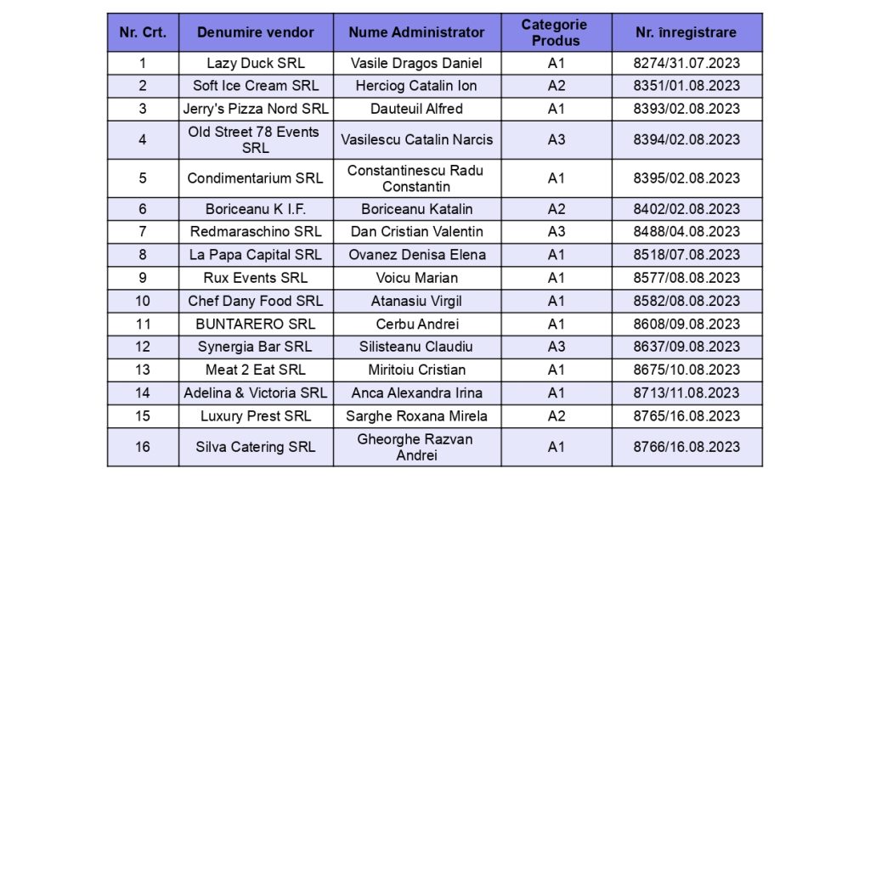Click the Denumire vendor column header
point(255,32)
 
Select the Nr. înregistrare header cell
point(686,32)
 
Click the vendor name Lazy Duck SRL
point(255,63)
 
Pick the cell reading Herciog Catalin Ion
point(416,86)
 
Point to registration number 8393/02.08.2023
point(686,109)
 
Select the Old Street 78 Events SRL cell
point(255,139)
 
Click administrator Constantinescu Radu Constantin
point(416,178)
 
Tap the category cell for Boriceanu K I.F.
point(556,209)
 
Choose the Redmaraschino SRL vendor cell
point(255,232)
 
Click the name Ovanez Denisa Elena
point(416,255)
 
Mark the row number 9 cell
point(143,278)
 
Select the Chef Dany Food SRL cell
point(255,301)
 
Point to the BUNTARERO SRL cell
point(255,324)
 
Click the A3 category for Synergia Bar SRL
point(556,347)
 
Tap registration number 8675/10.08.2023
point(686,370)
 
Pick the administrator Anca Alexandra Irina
point(416,393)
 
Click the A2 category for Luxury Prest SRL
point(556,415)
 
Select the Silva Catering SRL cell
point(255,447)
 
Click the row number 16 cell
point(143,447)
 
